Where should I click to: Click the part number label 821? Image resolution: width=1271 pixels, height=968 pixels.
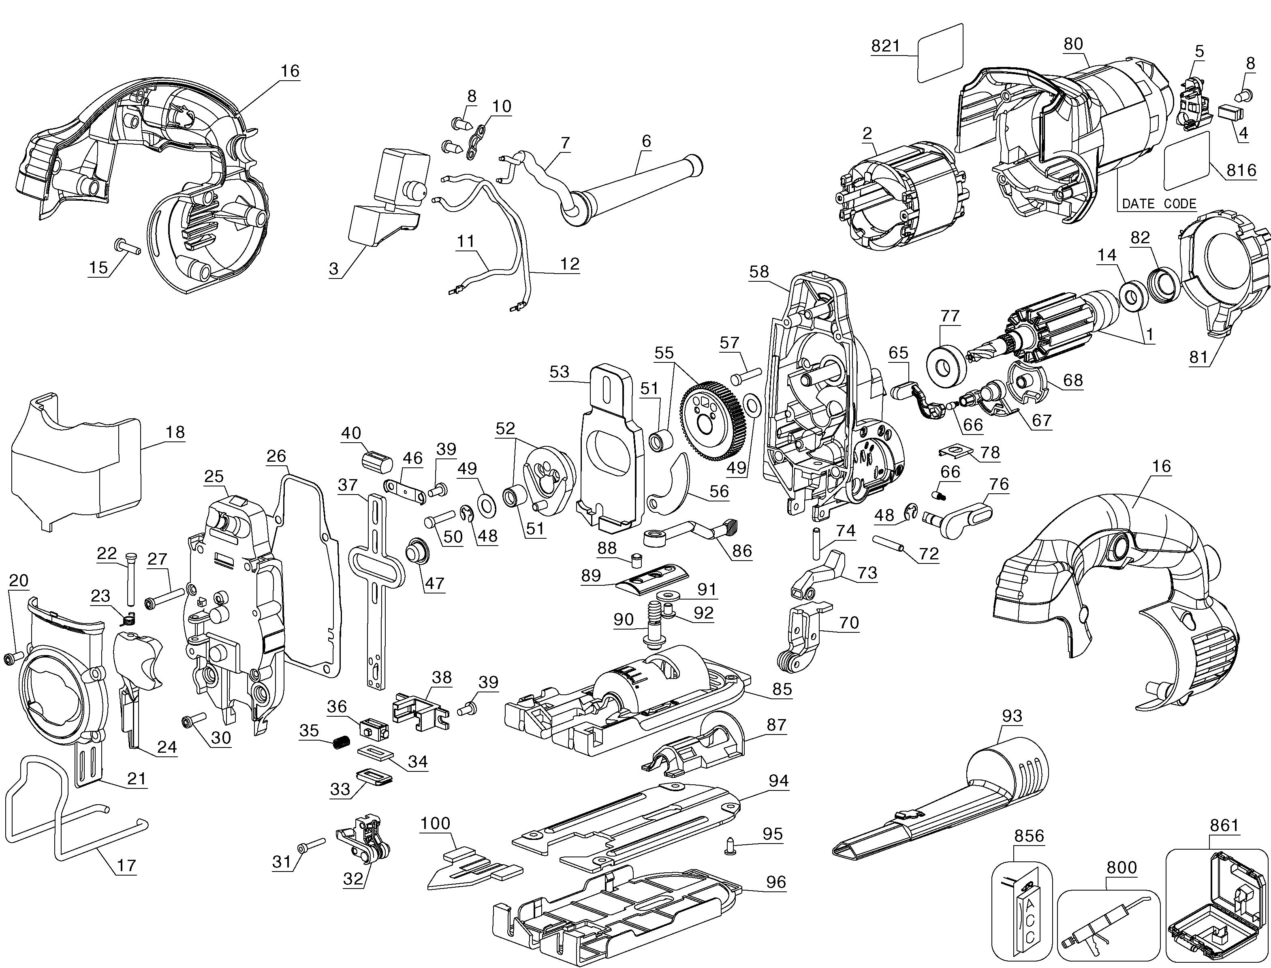885,46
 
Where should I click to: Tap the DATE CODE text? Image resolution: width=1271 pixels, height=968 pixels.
1159,203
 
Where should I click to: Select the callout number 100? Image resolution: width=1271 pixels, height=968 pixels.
435,823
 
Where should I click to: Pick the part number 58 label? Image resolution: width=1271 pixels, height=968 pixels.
759,272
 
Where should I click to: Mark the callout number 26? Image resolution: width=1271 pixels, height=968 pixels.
276,456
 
